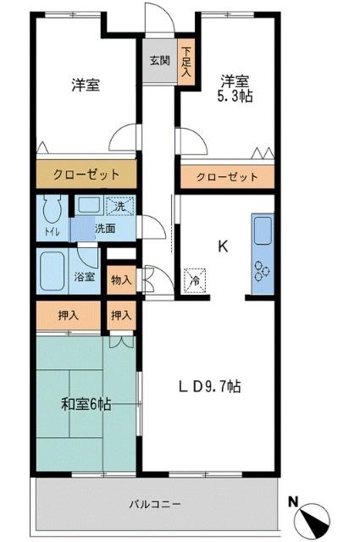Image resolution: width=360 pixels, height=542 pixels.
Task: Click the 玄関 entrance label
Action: [x=159, y=60]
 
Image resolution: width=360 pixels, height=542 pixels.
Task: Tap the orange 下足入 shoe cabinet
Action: [x=186, y=64]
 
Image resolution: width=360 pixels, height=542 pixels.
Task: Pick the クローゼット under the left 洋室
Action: [x=86, y=175]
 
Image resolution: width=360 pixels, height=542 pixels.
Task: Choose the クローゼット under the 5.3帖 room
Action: [x=227, y=177]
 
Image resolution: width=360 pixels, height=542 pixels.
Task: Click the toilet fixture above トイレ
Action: [x=50, y=209]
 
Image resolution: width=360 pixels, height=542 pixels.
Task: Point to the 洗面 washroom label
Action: [x=104, y=228]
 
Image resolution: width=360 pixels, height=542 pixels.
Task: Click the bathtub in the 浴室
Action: [x=58, y=269]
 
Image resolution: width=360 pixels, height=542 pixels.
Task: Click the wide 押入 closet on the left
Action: [x=69, y=315]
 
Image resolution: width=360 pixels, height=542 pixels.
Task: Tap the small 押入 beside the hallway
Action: [x=121, y=315]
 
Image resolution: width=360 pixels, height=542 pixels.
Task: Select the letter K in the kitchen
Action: [x=223, y=246]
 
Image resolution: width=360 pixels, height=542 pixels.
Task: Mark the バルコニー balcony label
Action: [x=155, y=503]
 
